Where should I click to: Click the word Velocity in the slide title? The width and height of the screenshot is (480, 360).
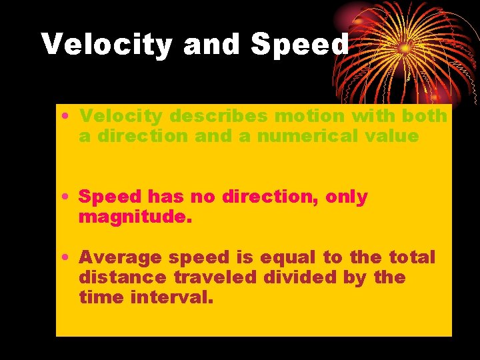107,45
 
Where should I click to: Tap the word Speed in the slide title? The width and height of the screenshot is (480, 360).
299,45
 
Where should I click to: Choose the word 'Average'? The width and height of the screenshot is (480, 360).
121,257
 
